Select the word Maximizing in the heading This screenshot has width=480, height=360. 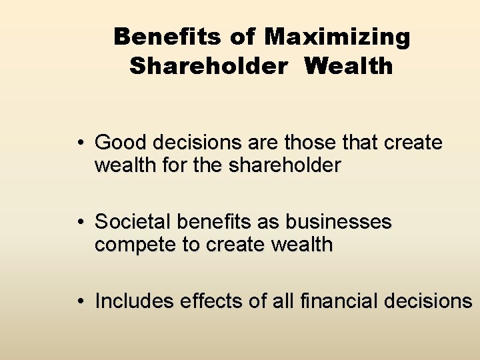tap(337, 38)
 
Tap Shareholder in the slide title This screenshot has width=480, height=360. tap(210, 67)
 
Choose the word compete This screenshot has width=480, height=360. tap(134, 245)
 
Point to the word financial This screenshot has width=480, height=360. tap(337, 301)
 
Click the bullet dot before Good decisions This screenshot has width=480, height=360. tap(79, 143)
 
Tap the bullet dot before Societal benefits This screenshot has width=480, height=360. tap(79, 222)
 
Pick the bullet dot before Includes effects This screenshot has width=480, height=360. tap(79, 301)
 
